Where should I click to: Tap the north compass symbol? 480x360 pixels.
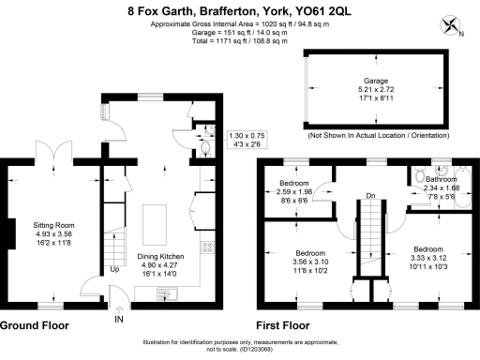tap(451, 25)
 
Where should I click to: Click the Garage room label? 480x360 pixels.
tap(376, 82)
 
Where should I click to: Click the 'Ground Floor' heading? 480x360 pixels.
tap(37, 325)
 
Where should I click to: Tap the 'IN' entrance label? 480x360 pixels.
tap(118, 320)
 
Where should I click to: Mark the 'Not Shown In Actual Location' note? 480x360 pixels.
tap(376, 136)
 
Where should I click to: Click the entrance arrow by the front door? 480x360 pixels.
tap(119, 306)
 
